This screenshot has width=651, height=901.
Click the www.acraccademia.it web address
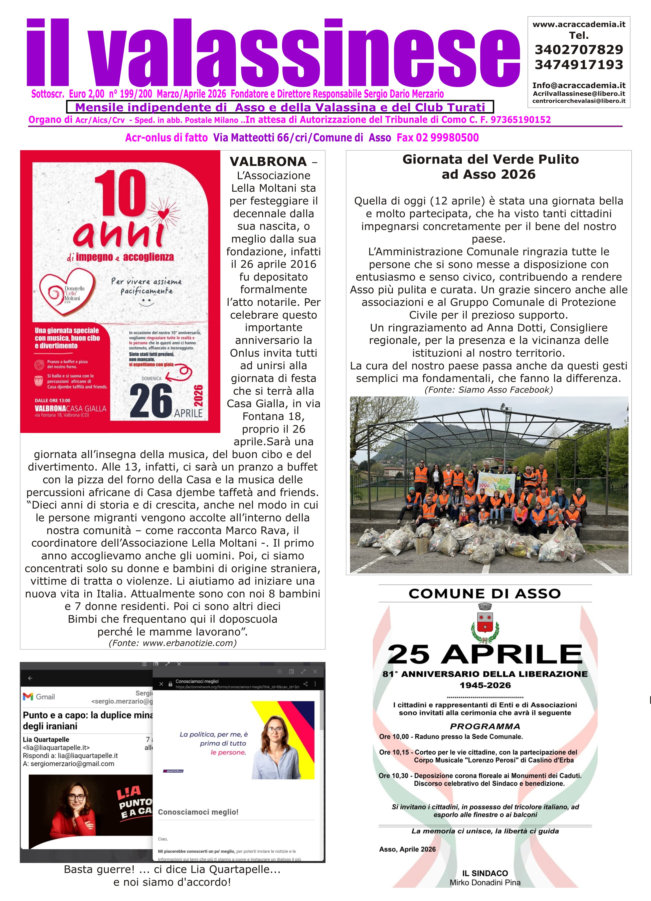pyautogui.click(x=579, y=25)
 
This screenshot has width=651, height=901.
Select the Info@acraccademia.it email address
pyautogui.click(x=579, y=85)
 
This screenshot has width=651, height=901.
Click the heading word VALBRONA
pyautogui.click(x=268, y=162)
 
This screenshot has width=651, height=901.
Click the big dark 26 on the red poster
pyautogui.click(x=151, y=401)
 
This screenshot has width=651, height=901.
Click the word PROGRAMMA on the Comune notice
pyautogui.click(x=485, y=727)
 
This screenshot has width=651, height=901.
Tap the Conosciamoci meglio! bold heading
pyautogui.click(x=198, y=812)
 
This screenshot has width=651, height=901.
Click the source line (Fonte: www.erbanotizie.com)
pyautogui.click(x=173, y=643)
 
